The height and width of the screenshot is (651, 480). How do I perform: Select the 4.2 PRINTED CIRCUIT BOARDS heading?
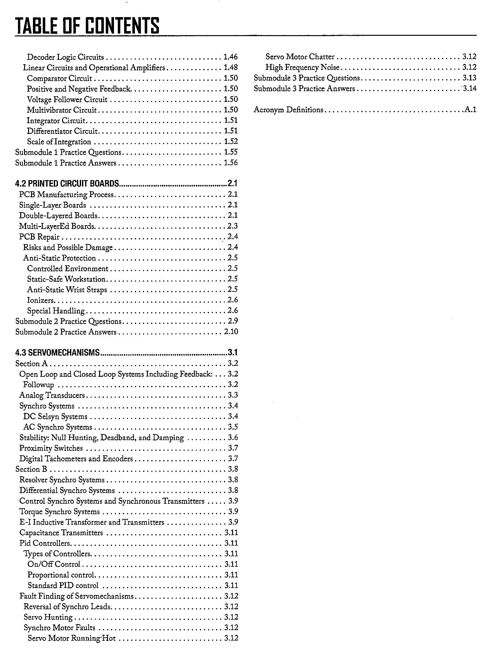pos(67,183)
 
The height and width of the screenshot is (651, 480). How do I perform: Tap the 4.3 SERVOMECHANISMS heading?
pos(57,352)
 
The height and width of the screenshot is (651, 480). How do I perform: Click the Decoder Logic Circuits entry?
pos(65,57)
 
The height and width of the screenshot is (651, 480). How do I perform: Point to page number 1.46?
pos(230,57)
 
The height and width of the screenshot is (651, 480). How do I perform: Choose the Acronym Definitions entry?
pos(288,110)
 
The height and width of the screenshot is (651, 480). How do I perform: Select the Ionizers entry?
pos(41,300)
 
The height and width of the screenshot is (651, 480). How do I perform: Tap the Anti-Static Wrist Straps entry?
pos(67,289)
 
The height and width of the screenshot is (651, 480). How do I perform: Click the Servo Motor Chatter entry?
pos(300,57)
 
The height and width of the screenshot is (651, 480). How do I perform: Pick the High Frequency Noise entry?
pos(302,67)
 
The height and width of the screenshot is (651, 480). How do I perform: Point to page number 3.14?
pos(469,89)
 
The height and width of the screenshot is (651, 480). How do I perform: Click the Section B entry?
pos(31,469)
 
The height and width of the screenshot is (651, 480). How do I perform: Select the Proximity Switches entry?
pos(51,448)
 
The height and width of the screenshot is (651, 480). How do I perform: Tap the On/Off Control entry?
pos(54,564)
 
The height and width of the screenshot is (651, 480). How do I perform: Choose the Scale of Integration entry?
pos(59,142)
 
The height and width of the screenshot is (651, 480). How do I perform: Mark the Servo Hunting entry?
pos(48,617)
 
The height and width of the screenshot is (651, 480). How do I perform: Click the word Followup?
pos(38,385)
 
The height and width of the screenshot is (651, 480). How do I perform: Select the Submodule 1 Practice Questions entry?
pos(68,152)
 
